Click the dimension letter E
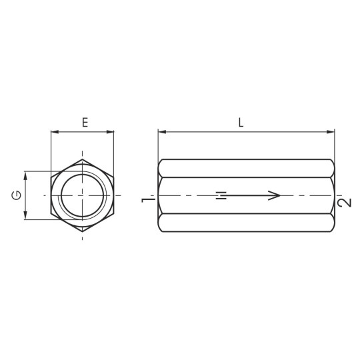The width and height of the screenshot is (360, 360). (85, 123)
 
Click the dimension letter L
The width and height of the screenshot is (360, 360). (241, 123)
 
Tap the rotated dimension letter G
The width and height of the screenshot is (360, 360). (17, 195)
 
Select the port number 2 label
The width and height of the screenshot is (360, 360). (345, 202)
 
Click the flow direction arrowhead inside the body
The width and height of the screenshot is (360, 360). (275, 195)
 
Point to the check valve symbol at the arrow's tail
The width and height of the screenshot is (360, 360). (221, 195)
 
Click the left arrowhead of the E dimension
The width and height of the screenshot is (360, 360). (55, 132)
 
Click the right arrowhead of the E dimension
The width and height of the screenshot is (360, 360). (110, 132)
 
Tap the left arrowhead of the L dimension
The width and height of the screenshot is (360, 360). (162, 132)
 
